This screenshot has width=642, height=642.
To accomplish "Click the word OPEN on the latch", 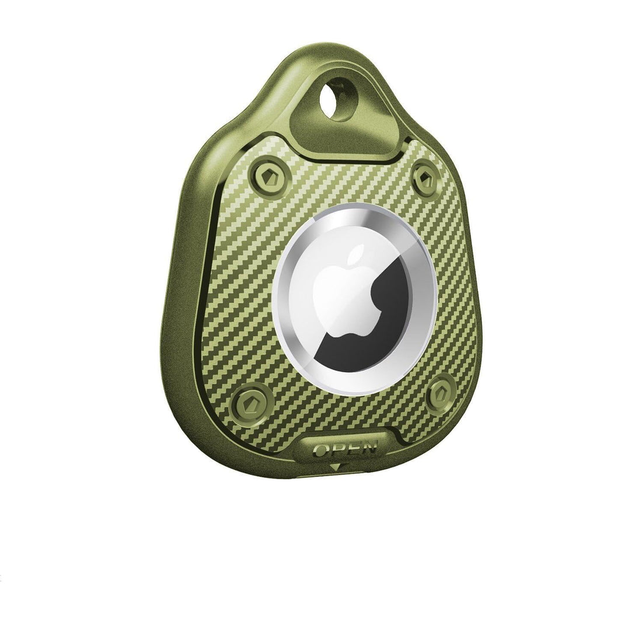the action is click(x=344, y=448).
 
